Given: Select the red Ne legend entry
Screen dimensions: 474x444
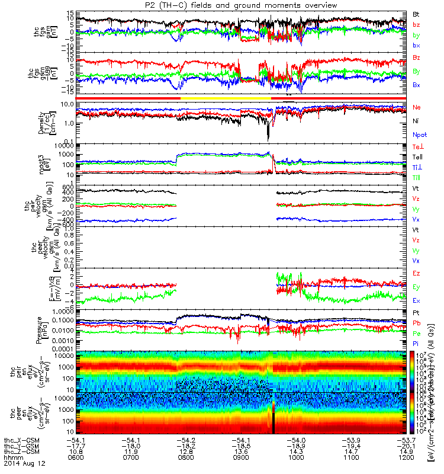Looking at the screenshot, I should point(417,107).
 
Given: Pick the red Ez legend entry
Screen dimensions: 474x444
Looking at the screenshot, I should point(417,273).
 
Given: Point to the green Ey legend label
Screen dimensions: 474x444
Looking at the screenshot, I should point(417,287).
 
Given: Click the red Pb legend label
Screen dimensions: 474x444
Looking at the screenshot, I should point(417,323).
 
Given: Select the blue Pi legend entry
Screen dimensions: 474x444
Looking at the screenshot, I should point(416,343).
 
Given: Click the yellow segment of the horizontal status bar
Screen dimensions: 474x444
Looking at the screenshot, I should point(225,98).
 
